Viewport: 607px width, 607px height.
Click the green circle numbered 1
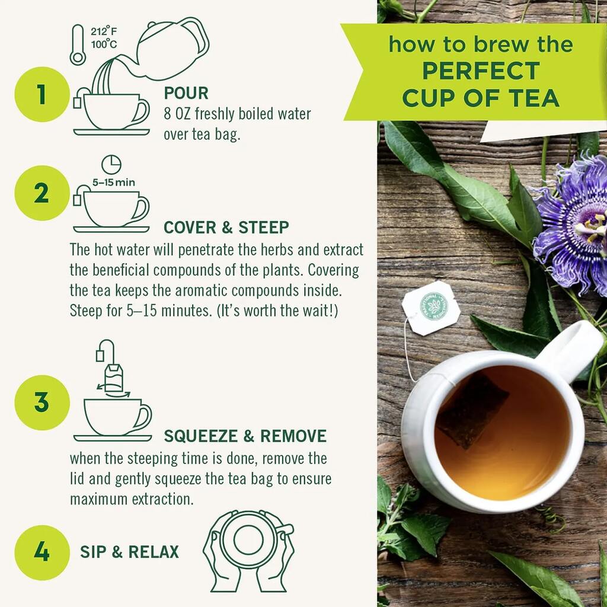42,94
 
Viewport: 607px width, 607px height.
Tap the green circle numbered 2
42,193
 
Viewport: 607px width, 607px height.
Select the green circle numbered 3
42,402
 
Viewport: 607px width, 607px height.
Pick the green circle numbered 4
42,552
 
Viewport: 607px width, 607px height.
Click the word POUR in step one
186,93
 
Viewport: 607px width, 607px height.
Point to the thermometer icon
78,44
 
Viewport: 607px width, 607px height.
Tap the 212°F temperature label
104,31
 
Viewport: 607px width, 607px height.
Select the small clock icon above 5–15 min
111,165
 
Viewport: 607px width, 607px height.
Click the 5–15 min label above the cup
113,183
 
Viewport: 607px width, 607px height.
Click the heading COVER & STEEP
226,228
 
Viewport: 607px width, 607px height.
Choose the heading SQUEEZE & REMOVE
245,436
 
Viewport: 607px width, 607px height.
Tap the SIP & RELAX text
130,552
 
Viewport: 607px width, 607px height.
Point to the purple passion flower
573,225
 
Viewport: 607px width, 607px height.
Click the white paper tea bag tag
431,308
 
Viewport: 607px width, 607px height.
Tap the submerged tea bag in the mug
472,410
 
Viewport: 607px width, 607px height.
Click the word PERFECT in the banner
481,71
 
